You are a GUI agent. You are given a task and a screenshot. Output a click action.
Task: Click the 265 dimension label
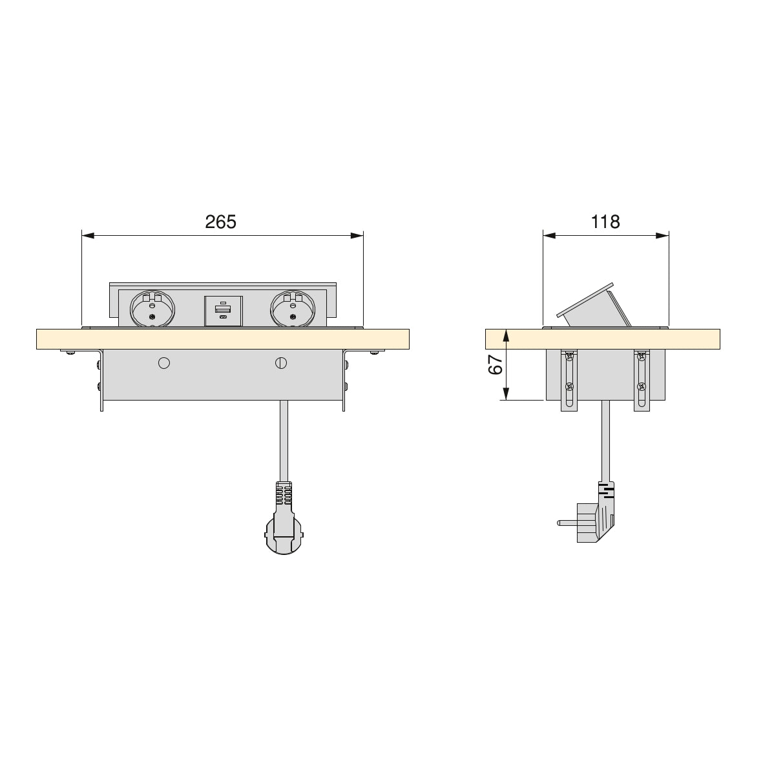point(221,222)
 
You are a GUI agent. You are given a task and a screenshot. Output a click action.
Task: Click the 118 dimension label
point(605,222)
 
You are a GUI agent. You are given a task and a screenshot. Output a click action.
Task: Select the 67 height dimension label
point(496,365)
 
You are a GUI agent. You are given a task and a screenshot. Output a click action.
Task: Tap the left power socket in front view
point(152,307)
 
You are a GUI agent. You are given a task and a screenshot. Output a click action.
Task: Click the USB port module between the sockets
point(223,311)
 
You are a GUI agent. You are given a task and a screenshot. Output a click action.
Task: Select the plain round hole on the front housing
point(164,363)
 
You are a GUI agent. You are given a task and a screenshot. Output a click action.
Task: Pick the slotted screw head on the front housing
point(281,363)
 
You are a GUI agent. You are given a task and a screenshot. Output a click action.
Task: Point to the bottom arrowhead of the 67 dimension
point(507,393)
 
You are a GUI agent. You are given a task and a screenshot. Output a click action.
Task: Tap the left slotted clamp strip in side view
point(569,381)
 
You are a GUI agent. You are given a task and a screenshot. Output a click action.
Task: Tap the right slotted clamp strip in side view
point(641,381)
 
